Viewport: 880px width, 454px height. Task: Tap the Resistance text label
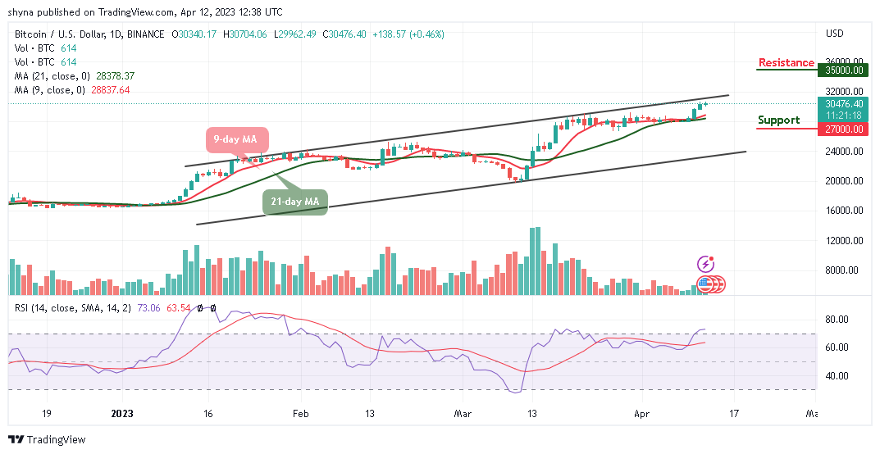(x=786, y=63)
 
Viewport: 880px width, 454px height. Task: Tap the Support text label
(x=778, y=120)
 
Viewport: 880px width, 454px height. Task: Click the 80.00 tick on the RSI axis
(x=836, y=320)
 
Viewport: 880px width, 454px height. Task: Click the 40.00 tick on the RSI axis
(x=836, y=376)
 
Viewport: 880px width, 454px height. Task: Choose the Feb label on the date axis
(x=302, y=415)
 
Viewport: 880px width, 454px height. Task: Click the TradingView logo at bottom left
(x=47, y=440)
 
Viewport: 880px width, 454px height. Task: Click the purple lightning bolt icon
(x=705, y=264)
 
